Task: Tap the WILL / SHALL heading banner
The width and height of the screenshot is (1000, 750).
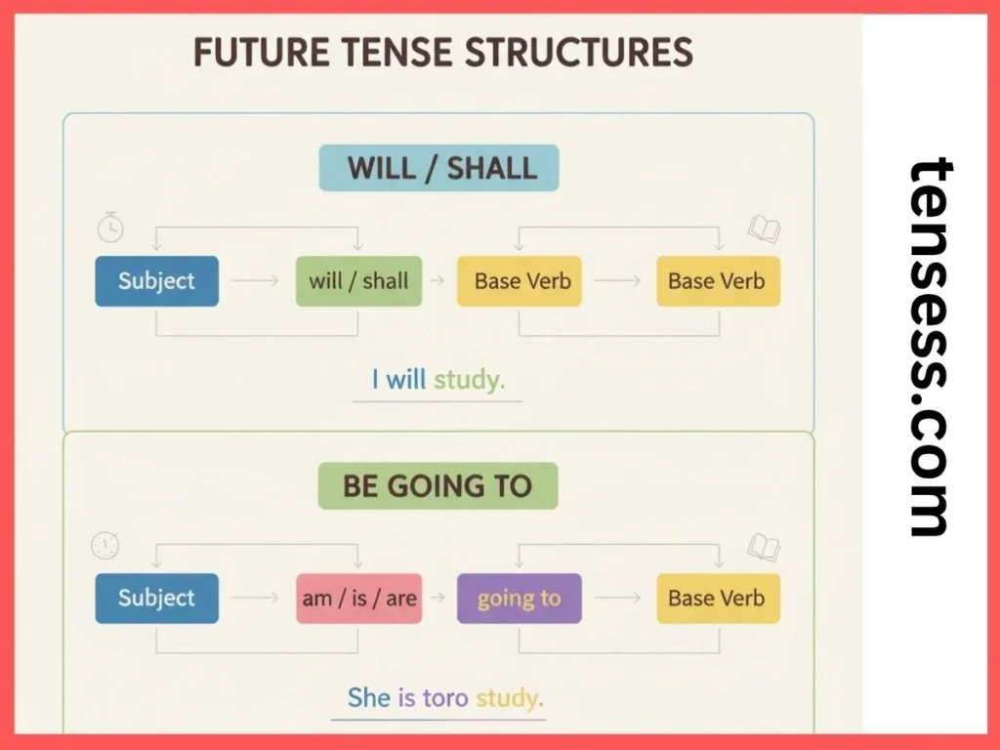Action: coord(439,168)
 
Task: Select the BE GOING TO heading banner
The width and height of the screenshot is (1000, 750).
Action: coord(437,486)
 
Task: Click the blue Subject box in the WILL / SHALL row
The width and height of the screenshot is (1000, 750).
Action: coord(156,281)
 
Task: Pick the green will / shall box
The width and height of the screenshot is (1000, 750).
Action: coord(358,281)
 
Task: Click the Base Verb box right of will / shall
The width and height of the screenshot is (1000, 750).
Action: coord(522,281)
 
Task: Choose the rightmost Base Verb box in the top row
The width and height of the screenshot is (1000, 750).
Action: coord(718,281)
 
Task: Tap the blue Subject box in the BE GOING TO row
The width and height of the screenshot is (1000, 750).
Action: coord(156,598)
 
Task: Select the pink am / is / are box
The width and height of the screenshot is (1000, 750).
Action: coord(358,598)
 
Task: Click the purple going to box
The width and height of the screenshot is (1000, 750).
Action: coord(519,598)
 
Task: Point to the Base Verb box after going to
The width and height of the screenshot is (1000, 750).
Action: coord(718,598)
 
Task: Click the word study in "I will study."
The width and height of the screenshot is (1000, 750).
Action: coord(470,380)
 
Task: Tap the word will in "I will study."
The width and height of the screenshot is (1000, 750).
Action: coord(405,380)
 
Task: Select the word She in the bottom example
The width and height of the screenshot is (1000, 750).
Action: coord(369,697)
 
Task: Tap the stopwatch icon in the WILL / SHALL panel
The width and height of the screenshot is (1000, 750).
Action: coord(110,228)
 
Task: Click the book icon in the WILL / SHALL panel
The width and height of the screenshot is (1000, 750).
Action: coord(763,229)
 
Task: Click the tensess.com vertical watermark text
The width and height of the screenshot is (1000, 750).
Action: coord(929,347)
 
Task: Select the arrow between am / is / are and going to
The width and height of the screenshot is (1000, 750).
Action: coord(438,598)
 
